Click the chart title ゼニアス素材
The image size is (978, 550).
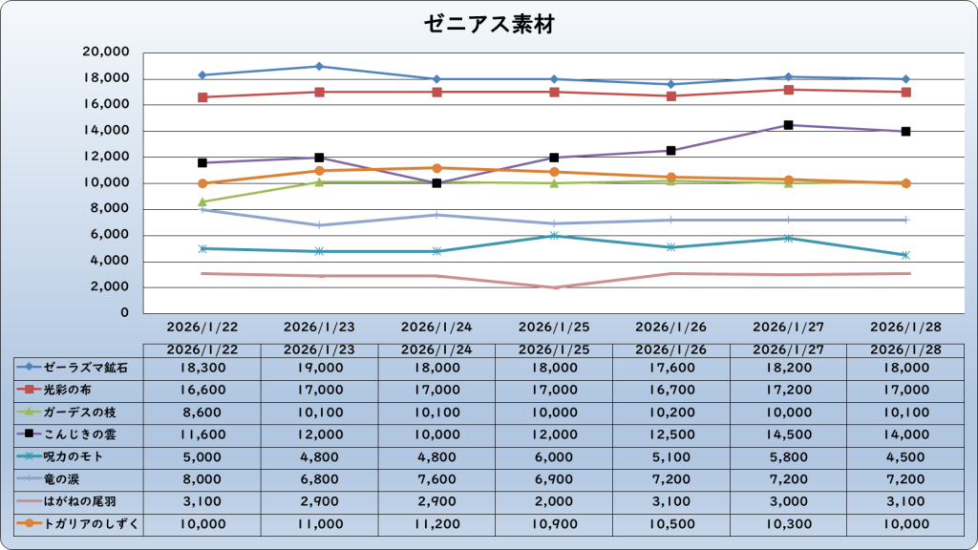click(489, 25)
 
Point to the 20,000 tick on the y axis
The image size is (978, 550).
click(107, 53)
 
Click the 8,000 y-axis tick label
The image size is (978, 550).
click(111, 209)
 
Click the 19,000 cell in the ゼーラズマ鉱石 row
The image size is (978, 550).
click(319, 367)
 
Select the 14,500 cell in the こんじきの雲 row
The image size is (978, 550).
click(789, 434)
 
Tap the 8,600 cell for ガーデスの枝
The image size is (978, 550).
click(202, 412)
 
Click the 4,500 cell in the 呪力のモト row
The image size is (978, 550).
click(905, 456)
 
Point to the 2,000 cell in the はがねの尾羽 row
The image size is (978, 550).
click(554, 501)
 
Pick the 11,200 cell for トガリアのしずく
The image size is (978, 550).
click(436, 524)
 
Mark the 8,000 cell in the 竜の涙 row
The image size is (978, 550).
click(202, 479)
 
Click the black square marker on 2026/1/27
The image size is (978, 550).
click(789, 125)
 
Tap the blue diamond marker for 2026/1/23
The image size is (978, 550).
click(319, 66)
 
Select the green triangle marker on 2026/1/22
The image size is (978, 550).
click(202, 201)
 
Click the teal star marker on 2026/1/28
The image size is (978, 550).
click(905, 255)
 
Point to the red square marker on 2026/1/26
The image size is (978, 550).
click(671, 95)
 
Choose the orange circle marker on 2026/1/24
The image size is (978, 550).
click(436, 168)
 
